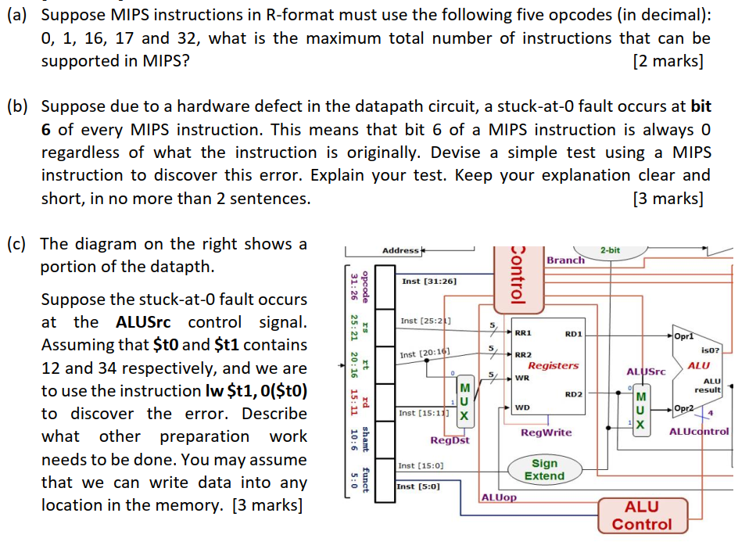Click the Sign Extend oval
pos(544,469)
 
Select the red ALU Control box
pos(641,515)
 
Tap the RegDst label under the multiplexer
pos(450,440)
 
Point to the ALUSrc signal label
pos(646,371)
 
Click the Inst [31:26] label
pos(429,280)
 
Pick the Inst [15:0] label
pos(421,465)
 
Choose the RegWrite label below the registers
pos(546,432)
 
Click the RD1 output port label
pos(572,334)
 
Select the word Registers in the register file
pos(553,365)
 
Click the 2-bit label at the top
pos(610,249)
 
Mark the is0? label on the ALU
pos(710,352)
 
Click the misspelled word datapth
pos(179,267)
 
